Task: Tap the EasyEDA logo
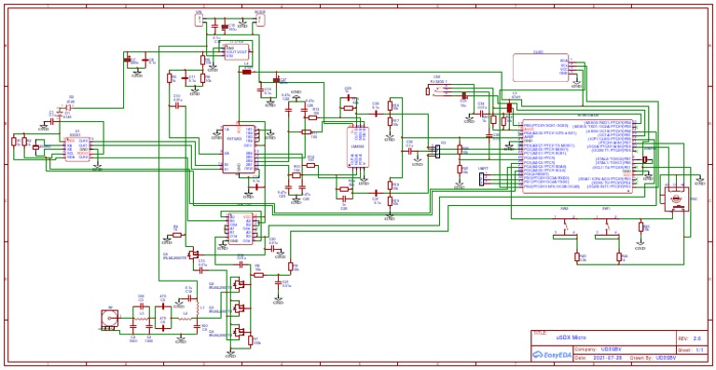[550, 355]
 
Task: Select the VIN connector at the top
[199, 18]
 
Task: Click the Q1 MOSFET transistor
[194, 253]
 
